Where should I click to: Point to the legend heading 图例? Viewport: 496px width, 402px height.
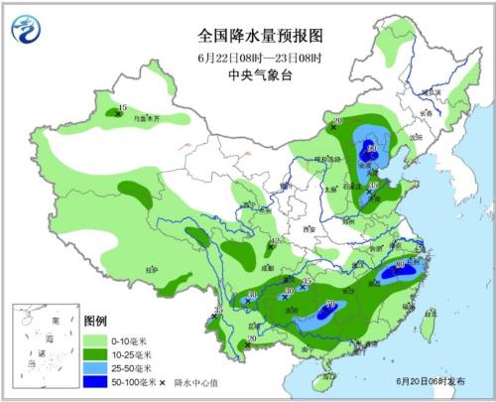[x=95, y=322]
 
